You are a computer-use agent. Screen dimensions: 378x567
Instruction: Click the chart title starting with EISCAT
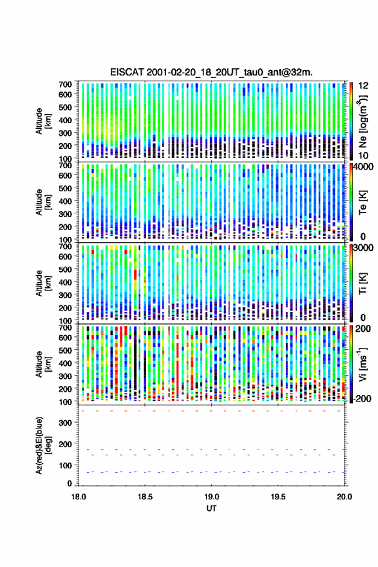pos(211,72)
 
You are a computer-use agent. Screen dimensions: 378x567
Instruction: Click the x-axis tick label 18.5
pos(145,497)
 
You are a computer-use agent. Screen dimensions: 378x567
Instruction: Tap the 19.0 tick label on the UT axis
pos(211,497)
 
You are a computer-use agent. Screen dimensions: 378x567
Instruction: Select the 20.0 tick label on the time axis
pos(345,497)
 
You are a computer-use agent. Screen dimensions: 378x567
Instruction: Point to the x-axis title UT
pos(211,508)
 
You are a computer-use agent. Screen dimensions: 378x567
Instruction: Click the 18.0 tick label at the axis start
pos(79,497)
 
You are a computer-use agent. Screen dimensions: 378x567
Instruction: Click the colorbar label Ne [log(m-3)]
pos(363,121)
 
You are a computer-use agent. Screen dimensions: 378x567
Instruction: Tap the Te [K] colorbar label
pos(363,202)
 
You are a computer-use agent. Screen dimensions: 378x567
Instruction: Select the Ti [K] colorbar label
pos(363,283)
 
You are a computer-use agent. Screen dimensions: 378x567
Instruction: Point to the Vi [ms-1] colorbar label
pos(363,365)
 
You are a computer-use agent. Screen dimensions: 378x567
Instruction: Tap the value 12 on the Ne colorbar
pos(363,86)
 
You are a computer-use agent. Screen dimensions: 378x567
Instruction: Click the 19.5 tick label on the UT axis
pos(278,497)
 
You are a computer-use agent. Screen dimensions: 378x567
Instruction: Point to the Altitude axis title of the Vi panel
pos(43,364)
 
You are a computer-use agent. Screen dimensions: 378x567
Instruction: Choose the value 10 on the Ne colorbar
pos(363,156)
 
